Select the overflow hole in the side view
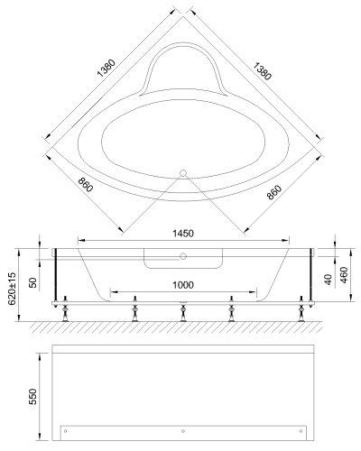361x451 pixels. coord(182,256)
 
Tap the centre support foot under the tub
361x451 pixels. coord(182,312)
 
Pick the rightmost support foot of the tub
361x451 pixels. coord(300,313)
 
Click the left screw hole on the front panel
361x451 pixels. coord(64,428)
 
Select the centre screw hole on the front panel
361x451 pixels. coord(183,428)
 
